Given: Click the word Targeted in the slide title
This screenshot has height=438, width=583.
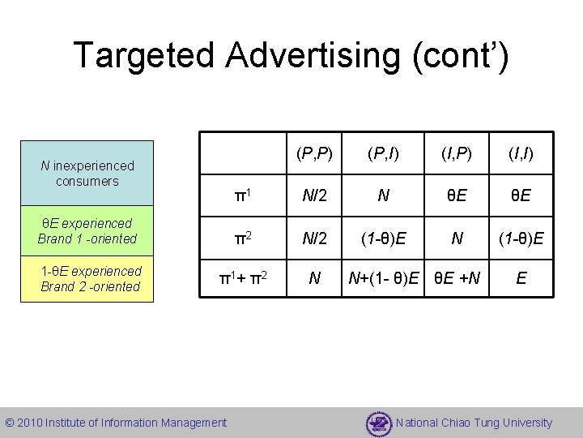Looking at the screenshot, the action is click(x=143, y=55).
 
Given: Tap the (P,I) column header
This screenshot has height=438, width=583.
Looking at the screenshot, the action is click(x=381, y=153).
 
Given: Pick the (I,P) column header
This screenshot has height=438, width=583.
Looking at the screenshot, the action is click(x=457, y=153).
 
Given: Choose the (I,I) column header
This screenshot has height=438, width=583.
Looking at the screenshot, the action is click(x=521, y=153).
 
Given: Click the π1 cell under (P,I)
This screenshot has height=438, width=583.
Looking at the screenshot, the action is click(x=381, y=195).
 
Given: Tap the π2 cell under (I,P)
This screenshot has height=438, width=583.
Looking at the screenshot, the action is click(x=457, y=238).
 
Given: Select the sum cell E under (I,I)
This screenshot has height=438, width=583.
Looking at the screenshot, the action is click(x=521, y=279).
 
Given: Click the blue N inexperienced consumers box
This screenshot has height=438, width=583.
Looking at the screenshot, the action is click(x=87, y=174).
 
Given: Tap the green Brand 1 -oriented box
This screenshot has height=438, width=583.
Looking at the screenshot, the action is click(x=87, y=230).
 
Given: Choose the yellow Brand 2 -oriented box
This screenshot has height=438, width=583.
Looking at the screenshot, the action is click(x=87, y=278).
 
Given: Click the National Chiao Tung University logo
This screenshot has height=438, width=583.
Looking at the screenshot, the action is click(x=378, y=423).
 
